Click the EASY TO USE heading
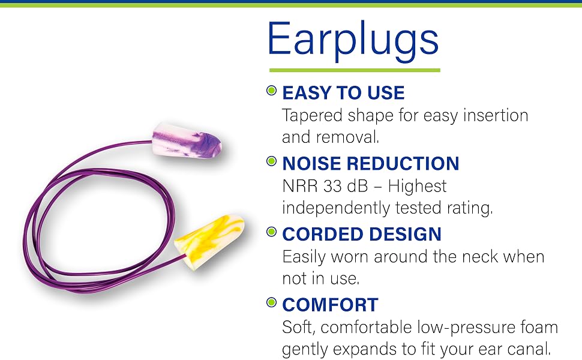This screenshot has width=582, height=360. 343,93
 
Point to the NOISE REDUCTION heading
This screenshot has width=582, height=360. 371,163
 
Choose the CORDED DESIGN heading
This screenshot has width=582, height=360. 362,234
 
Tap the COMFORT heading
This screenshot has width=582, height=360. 331,305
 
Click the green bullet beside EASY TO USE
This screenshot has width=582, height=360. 272,90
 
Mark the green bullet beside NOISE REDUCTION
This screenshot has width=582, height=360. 272,161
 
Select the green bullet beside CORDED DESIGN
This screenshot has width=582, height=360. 272,232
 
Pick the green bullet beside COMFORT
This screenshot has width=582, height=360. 272,302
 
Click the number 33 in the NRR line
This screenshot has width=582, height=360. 332,187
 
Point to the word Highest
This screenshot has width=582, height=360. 417,187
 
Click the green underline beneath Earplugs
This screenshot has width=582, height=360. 355,70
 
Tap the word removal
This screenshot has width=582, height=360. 348,137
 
